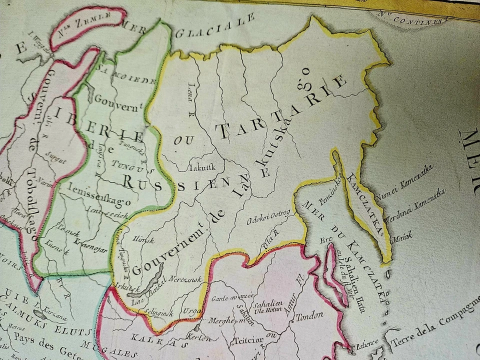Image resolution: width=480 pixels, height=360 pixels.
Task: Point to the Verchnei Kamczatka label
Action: click(x=414, y=205)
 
